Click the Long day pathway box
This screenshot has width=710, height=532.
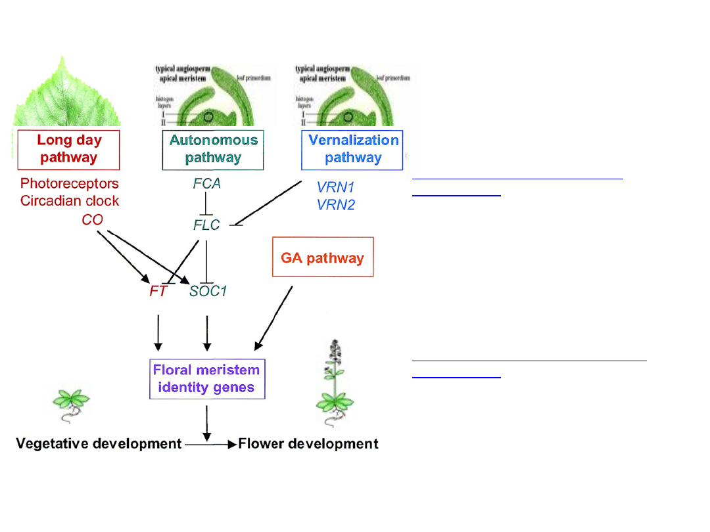pos(68,150)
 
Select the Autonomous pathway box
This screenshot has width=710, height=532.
pos(213,150)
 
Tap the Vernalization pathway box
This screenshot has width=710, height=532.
pos(352,150)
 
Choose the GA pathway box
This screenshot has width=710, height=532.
pos(323,257)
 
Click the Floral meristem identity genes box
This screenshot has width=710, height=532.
pos(206,379)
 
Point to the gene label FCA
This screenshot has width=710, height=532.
pos(206,185)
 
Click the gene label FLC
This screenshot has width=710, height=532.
pos(206,225)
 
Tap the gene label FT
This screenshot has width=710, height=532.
pos(158,291)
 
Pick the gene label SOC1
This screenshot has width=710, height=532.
pos(208,291)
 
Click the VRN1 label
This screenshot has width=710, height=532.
pos(336,188)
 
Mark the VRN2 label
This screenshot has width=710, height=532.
pos(336,205)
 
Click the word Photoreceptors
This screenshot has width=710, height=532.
pos(70,184)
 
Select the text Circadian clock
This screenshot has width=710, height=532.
pos(70,201)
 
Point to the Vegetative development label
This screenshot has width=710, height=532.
pos(99,444)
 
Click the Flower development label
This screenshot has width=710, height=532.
pos(308,444)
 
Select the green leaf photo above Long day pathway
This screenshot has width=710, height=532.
pos(66,92)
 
